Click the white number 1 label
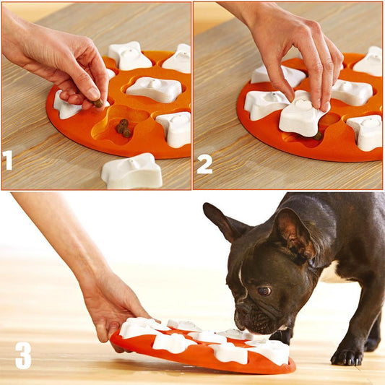(x=8, y=160)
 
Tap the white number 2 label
(x=204, y=164)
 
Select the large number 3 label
(x=23, y=355)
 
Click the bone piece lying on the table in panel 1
(x=131, y=171)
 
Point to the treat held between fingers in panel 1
(x=98, y=103)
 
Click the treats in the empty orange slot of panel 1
(x=124, y=128)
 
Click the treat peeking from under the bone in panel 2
(x=317, y=135)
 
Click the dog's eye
(x=264, y=290)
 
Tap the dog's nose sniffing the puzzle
(x=240, y=319)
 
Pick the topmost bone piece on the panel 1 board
(x=129, y=56)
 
